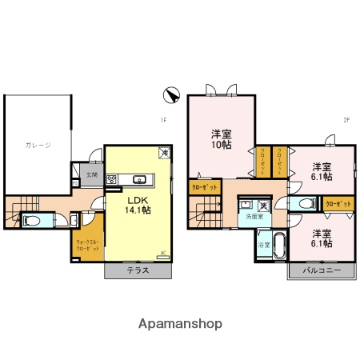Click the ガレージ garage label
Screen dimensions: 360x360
(x=38, y=145)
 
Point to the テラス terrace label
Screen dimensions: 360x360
(x=138, y=271)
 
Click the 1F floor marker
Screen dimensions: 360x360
(x=162, y=121)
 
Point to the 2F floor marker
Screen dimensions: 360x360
(x=347, y=121)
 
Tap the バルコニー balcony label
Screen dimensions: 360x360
(x=322, y=271)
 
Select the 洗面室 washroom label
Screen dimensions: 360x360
(x=254, y=217)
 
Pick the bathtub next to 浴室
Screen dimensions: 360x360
(x=279, y=244)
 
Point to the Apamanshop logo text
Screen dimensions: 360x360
(x=180, y=324)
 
